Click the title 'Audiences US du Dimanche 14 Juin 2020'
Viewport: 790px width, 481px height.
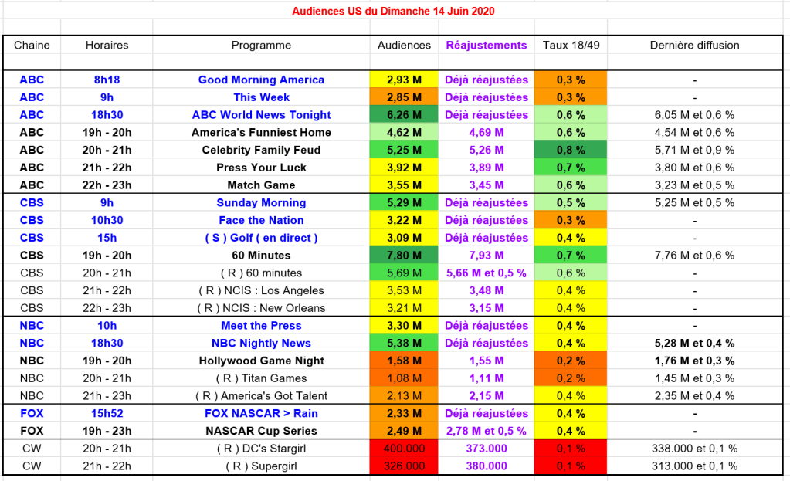tap(394, 11)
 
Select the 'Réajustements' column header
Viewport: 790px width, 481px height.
tap(487, 45)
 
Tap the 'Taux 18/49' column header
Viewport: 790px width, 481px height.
tap(571, 45)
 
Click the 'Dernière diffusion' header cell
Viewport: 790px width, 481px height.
tap(694, 45)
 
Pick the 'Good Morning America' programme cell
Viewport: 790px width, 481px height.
tap(261, 80)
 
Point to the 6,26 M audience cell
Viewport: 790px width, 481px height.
tap(404, 115)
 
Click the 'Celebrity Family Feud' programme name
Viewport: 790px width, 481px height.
tap(261, 150)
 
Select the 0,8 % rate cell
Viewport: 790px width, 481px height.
tap(571, 150)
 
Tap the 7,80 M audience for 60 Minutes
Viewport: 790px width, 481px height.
tap(404, 256)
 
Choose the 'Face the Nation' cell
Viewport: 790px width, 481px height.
tap(261, 220)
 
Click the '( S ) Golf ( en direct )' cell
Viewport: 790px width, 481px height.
tap(261, 238)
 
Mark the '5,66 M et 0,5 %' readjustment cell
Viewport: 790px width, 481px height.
tap(487, 273)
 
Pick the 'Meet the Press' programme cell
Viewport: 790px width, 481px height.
tap(261, 326)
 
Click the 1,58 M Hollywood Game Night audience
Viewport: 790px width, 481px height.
tap(404, 361)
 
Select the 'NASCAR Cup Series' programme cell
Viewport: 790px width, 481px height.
tap(261, 431)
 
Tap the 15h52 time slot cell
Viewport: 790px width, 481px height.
tap(107, 413)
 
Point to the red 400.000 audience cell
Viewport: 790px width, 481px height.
tap(404, 449)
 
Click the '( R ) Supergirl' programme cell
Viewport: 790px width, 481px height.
tap(261, 466)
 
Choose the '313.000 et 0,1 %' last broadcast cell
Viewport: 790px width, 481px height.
tap(694, 466)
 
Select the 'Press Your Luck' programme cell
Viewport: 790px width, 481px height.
tap(261, 168)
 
